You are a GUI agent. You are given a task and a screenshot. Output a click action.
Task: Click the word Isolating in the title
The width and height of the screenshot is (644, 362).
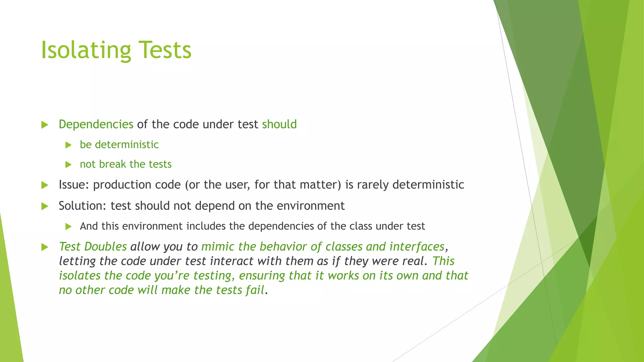(x=86, y=50)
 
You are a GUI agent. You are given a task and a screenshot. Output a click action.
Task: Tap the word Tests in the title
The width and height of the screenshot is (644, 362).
(x=165, y=50)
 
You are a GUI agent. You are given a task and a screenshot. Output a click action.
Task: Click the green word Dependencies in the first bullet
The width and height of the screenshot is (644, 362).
(x=96, y=124)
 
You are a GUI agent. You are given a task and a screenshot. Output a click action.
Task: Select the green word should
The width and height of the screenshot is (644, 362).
(x=279, y=124)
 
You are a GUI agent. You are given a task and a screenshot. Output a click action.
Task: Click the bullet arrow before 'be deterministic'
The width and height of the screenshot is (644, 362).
(x=69, y=145)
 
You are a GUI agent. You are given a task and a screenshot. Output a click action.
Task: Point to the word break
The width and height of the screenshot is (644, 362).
(x=112, y=164)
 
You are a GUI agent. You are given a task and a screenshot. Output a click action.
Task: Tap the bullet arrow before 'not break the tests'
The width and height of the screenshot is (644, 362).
(x=69, y=164)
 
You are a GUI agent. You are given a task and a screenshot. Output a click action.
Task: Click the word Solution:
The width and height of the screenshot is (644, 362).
(x=83, y=206)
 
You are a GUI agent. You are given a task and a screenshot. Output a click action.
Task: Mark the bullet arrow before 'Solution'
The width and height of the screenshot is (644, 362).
(x=45, y=206)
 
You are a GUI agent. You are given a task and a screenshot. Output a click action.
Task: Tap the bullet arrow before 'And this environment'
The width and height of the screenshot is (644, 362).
(x=69, y=226)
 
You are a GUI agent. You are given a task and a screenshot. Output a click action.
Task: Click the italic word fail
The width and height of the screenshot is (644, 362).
(x=255, y=290)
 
